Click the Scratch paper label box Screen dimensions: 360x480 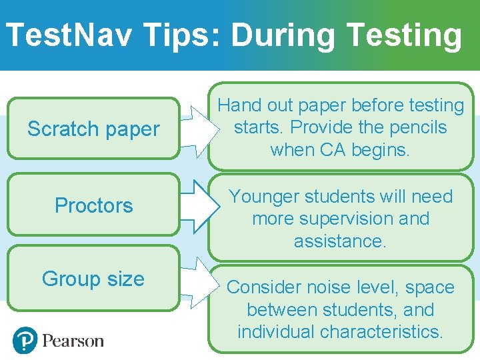tap(93, 129)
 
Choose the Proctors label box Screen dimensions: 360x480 tap(93, 205)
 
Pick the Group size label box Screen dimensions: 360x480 tap(93, 278)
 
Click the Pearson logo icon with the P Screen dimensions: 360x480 tap(25, 341)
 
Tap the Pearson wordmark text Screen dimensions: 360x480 tap(73, 341)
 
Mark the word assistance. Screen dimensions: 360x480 tap(340, 241)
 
